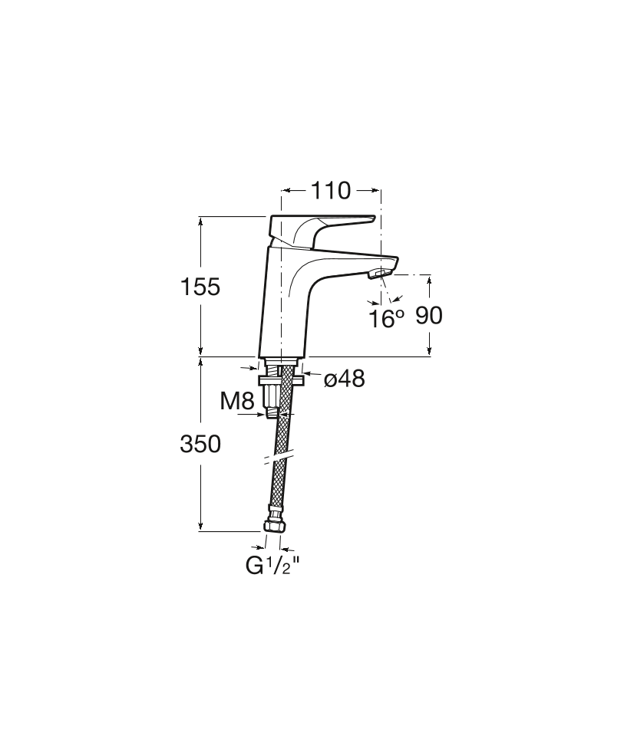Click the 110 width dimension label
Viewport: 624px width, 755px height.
[330, 191]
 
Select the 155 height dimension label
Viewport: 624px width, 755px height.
[200, 287]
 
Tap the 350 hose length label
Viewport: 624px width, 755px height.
[200, 444]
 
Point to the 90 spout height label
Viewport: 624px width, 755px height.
[429, 316]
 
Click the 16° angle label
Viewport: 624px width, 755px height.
[386, 319]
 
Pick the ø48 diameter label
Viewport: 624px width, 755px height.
[345, 379]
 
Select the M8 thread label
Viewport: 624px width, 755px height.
[236, 401]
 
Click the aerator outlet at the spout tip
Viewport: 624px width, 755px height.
[379, 274]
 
